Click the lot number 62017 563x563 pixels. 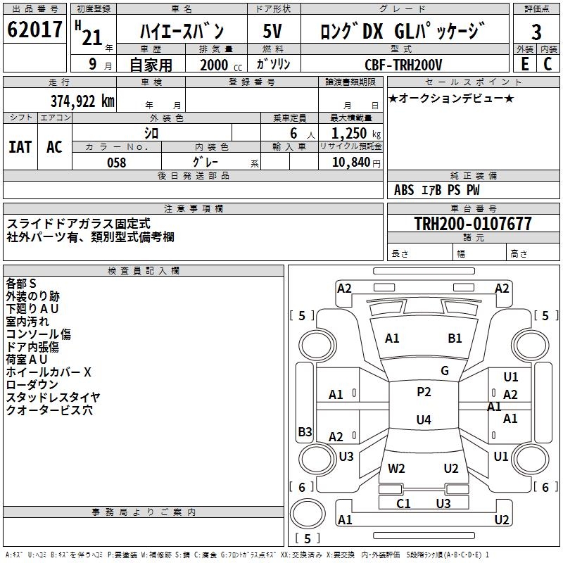(x=34, y=30)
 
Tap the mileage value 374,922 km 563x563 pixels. (x=82, y=101)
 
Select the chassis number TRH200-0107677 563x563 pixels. (x=473, y=223)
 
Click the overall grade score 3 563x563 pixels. (x=536, y=32)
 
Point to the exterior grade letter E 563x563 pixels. (x=525, y=64)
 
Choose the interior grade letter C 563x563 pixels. (x=548, y=64)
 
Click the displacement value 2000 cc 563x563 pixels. (x=221, y=65)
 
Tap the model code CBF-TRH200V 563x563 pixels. (x=403, y=65)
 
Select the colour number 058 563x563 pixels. (x=117, y=163)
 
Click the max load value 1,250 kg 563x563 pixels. (x=356, y=134)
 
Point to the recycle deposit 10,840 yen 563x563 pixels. (x=356, y=163)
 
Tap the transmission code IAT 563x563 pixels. (x=20, y=147)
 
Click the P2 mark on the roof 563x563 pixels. (x=424, y=392)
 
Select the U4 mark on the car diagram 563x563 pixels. (x=424, y=419)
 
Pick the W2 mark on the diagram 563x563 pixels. (x=396, y=469)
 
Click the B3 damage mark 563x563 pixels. (x=305, y=431)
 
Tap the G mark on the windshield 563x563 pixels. (x=445, y=371)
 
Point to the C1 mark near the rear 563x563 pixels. (x=403, y=504)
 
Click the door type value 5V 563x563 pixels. (x=272, y=31)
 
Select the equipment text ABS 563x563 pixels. (x=404, y=190)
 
